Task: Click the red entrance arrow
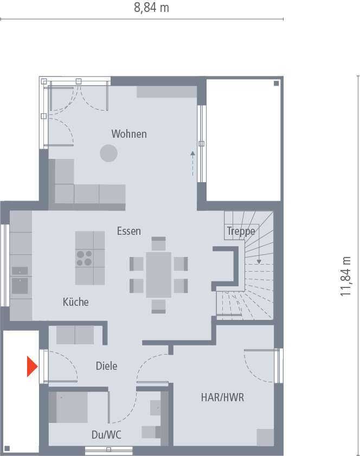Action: point(32,367)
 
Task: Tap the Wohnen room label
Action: point(129,133)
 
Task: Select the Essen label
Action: point(129,231)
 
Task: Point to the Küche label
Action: point(75,302)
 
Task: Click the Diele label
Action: point(106,366)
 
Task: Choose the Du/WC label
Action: point(106,434)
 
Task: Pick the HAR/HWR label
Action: point(222,397)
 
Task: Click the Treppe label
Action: point(241,231)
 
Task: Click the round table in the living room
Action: point(108,153)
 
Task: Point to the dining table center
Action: point(159,275)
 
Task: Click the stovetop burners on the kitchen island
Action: point(84,258)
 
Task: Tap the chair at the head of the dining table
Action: point(159,243)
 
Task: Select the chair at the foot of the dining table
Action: point(159,306)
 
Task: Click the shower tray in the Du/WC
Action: point(68,407)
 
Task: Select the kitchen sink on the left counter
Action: point(21,285)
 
